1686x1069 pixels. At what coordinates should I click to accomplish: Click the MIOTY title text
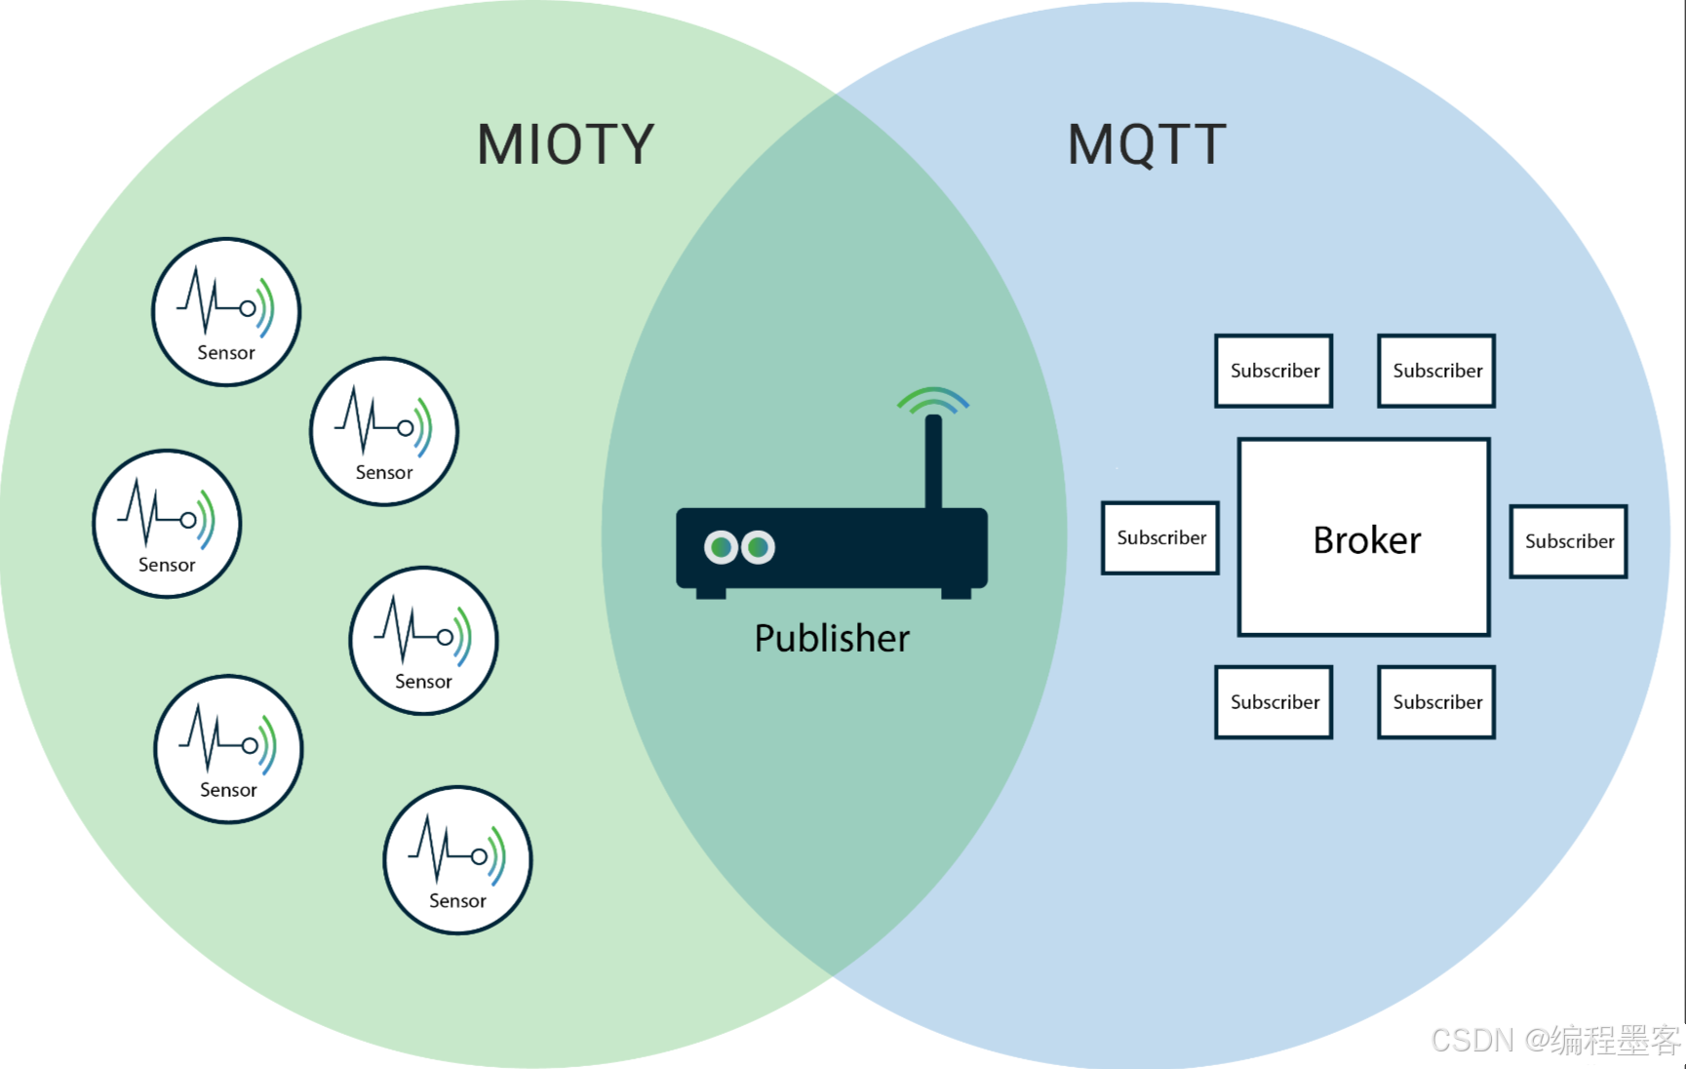(566, 144)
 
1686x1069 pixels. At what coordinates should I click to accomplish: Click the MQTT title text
(1147, 144)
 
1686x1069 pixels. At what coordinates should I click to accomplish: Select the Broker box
(1364, 537)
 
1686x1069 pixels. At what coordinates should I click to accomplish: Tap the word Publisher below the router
(832, 638)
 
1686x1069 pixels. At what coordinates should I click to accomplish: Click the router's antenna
(933, 463)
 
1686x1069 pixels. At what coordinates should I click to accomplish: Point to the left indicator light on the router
(721, 547)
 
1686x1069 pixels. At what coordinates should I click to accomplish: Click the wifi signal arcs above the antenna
(933, 399)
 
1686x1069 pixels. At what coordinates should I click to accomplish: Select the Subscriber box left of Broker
(1160, 537)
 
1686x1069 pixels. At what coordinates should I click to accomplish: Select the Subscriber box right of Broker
(1568, 541)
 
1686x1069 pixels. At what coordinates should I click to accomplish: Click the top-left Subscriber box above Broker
(1274, 371)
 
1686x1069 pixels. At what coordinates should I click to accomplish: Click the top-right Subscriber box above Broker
(1436, 371)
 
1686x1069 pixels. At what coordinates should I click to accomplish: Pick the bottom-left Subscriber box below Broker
(1274, 702)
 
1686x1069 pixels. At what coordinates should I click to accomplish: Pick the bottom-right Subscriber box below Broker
(1436, 702)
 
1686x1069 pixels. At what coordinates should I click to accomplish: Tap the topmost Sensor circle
(226, 312)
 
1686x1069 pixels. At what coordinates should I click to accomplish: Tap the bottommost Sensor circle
(457, 860)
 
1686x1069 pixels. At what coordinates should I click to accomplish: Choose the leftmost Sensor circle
(167, 524)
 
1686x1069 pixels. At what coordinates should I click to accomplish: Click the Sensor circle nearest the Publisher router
(423, 641)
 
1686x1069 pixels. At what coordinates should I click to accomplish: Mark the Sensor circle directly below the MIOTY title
(384, 431)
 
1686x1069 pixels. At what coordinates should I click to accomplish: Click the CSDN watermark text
(1554, 1040)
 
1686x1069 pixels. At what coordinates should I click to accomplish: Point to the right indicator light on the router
(758, 547)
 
